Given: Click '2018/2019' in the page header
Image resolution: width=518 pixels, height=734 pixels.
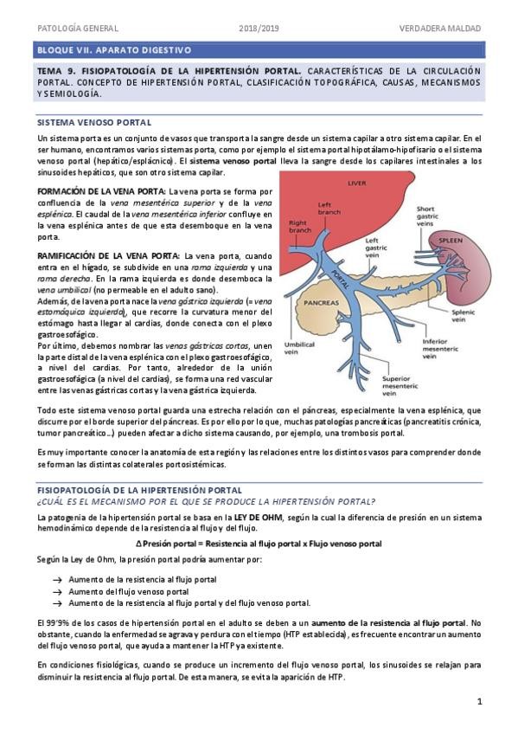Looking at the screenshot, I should pyautogui.click(x=259, y=29).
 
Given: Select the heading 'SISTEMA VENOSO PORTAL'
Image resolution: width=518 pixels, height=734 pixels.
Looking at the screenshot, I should pyautogui.click(x=95, y=123).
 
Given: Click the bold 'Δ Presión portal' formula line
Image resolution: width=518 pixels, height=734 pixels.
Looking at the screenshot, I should pyautogui.click(x=259, y=543).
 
